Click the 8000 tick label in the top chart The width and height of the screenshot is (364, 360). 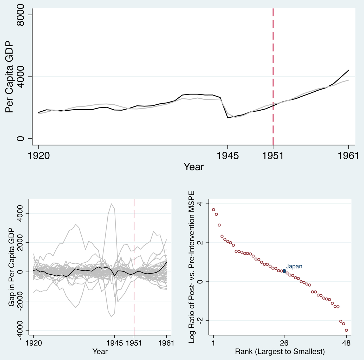click(x=20, y=15)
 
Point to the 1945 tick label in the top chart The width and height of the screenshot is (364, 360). click(x=227, y=156)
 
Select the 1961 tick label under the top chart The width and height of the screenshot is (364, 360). click(x=348, y=156)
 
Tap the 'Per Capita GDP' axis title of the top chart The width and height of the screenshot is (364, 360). click(x=9, y=77)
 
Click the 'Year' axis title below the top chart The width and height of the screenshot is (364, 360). click(x=193, y=167)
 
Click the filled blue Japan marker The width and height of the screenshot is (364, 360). click(x=284, y=271)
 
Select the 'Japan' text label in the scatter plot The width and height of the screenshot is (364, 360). click(x=294, y=266)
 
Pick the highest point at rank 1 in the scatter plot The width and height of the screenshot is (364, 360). click(x=213, y=210)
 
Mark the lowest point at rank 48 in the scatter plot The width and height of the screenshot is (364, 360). click(x=346, y=330)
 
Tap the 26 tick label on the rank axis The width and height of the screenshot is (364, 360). click(x=284, y=343)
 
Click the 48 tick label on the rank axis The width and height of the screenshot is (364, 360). click(x=346, y=343)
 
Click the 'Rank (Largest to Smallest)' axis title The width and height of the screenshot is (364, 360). click(x=280, y=352)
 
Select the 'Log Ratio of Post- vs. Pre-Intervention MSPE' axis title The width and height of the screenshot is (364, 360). click(x=192, y=267)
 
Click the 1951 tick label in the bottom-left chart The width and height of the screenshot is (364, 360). click(x=134, y=343)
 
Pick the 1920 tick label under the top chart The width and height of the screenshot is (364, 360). click(x=39, y=156)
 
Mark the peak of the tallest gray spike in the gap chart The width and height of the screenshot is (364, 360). click(x=111, y=204)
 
